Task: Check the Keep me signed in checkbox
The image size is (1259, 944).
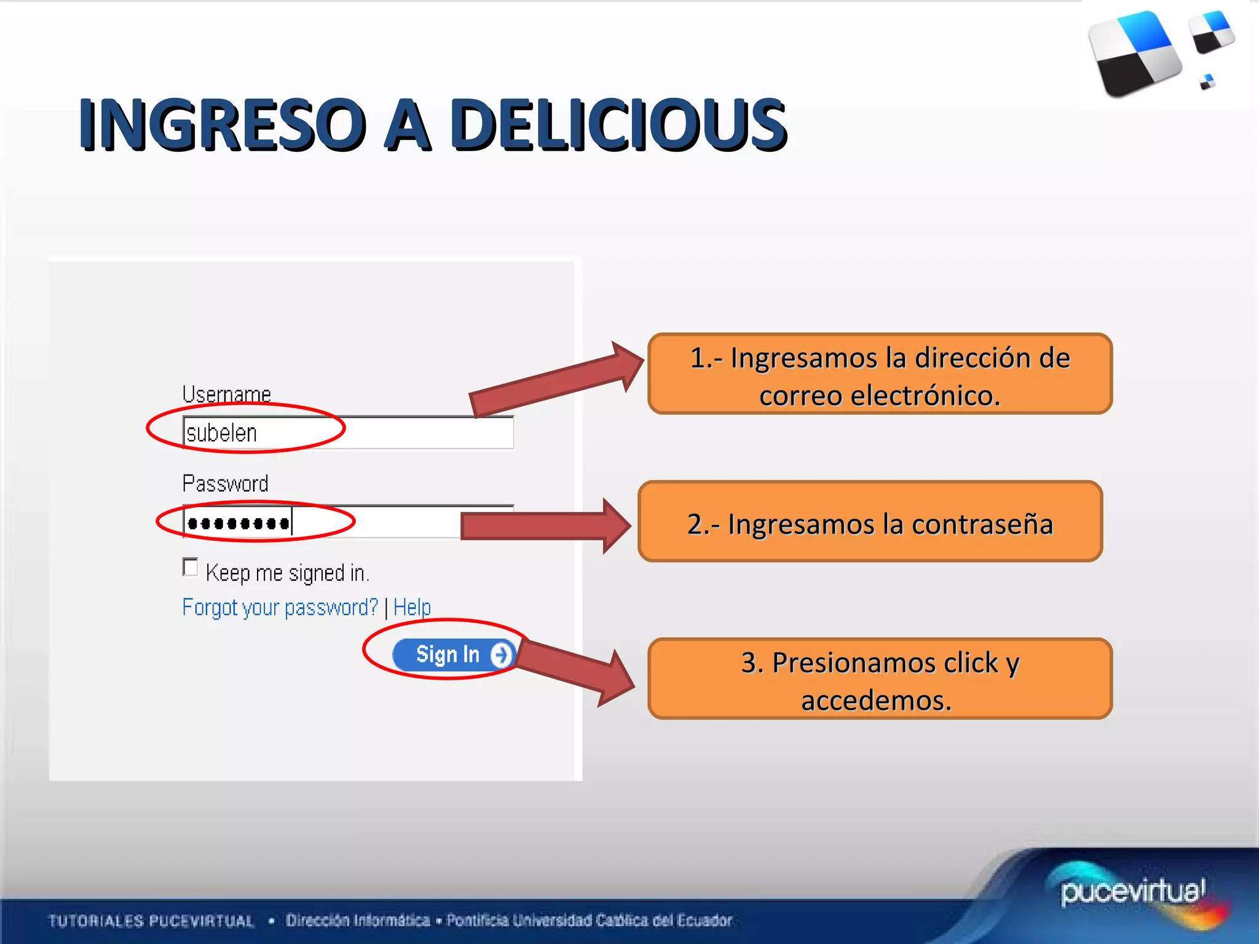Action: point(191,567)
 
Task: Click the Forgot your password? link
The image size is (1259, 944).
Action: point(280,607)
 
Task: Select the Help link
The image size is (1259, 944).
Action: point(412,607)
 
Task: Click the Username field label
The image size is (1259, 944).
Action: point(226,394)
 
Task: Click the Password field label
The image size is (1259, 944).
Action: point(225,484)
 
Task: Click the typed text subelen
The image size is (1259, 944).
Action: point(221,433)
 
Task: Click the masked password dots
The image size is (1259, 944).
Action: point(239,524)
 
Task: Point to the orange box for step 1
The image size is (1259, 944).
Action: point(880,374)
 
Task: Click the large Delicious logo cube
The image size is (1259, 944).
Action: point(1134,54)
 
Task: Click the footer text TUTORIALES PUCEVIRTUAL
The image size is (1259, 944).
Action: point(151,921)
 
